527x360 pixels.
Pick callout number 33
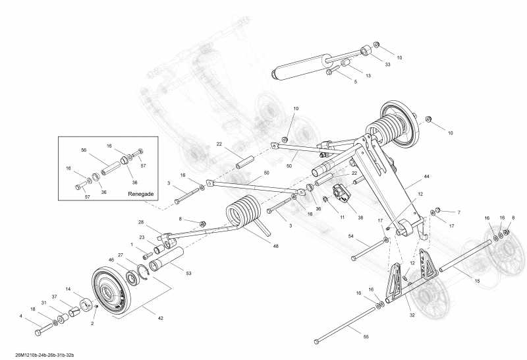[387, 64]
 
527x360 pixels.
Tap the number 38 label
[360, 216]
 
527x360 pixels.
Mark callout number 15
[476, 282]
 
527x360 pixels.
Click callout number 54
[351, 235]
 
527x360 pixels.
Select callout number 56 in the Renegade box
[84, 150]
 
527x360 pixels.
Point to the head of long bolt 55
[317, 341]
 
